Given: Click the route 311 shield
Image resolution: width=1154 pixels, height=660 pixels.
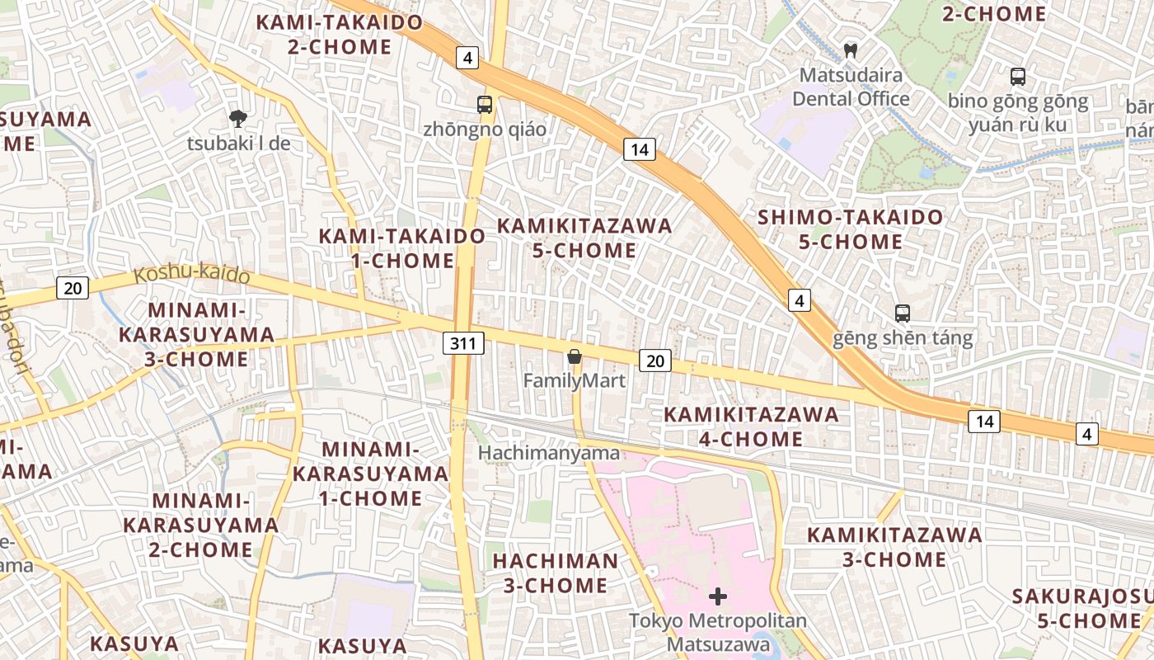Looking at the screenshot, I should pos(463,343).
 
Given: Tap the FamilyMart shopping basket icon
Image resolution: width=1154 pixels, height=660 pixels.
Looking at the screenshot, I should pos(575,357).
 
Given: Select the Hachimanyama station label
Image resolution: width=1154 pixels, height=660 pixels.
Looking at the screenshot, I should pos(549,453).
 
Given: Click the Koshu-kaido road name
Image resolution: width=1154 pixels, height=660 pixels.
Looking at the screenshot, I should pos(192,274).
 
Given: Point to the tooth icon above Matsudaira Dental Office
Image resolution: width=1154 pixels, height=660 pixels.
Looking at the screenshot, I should pos(851,50).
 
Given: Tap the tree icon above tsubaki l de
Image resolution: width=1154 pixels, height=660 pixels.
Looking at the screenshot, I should pos(238,118).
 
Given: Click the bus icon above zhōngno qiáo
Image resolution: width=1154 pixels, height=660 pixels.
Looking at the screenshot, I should pos(485,105).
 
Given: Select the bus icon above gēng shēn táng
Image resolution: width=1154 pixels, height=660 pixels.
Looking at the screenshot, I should pos(903,313).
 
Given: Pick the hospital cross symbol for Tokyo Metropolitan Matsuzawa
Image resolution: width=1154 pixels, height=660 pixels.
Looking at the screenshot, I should pos(718,596).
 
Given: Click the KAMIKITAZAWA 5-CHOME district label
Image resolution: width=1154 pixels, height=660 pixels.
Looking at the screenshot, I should pos(584,238).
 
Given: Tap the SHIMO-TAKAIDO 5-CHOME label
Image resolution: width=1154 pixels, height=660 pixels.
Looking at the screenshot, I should pos(850,229).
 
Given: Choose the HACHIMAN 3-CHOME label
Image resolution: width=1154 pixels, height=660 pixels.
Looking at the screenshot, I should pos(555,573).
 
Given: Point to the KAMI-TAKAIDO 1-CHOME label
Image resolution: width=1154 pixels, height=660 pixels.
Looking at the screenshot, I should pos(402,248).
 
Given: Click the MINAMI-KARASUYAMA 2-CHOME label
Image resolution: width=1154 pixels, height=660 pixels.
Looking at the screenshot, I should pos(201,525).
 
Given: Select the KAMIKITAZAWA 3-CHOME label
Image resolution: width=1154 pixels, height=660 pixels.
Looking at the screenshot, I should pos(894,547).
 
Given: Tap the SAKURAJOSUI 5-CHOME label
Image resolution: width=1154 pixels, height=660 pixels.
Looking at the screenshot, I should pos(1080,609).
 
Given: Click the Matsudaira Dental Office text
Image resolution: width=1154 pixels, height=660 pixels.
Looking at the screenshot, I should pos(851,87).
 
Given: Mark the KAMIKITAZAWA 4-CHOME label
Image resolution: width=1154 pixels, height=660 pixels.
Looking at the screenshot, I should pos(751,427).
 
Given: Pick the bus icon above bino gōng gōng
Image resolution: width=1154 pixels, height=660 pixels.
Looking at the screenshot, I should pos(1018,77).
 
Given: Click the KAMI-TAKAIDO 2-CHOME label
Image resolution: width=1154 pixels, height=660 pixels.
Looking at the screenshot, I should pos(340,35).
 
